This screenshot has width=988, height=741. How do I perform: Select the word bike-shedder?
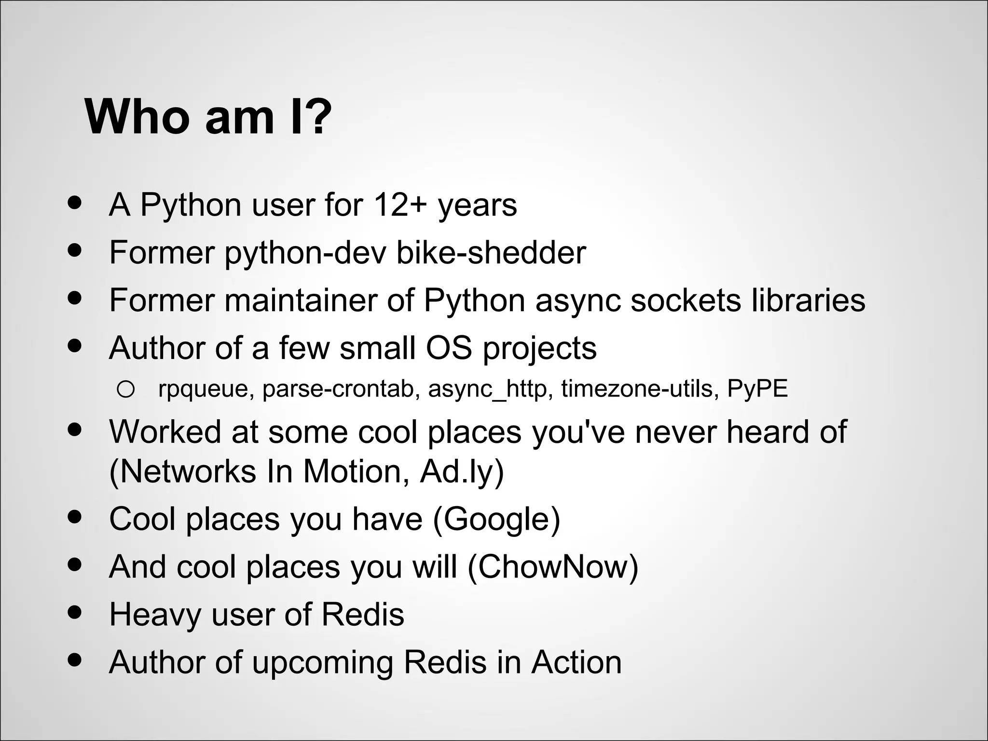click(491, 252)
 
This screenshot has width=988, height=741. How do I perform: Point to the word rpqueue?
click(202, 389)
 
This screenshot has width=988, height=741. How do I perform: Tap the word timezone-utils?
click(637, 389)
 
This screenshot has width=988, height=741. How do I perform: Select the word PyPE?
click(757, 389)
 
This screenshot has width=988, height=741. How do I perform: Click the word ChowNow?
click(553, 566)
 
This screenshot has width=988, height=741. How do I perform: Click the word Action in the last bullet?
click(576, 662)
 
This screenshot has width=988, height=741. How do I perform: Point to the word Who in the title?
click(137, 117)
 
